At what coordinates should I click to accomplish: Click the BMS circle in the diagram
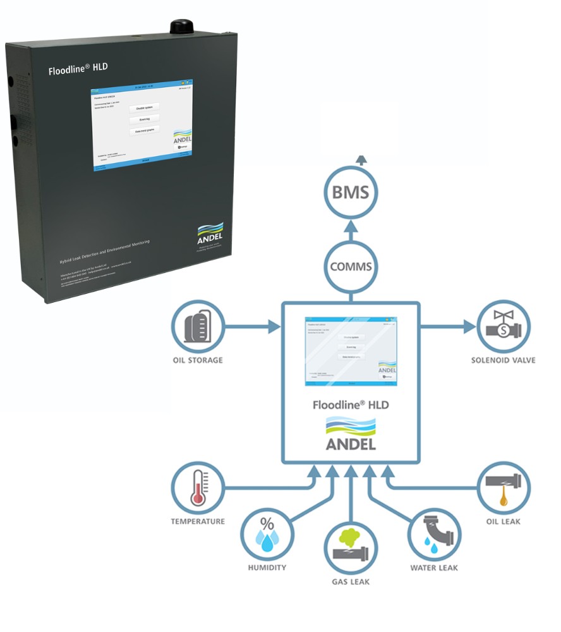351,192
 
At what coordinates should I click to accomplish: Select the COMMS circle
351,266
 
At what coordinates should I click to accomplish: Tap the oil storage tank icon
198,327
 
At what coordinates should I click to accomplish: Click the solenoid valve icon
504,327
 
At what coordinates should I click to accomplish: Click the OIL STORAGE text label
198,361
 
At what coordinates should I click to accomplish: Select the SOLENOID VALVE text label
504,360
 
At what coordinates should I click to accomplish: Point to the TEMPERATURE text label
198,521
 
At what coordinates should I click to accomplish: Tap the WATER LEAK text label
434,568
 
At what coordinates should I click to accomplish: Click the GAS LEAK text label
351,581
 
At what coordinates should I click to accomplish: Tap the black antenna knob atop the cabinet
180,27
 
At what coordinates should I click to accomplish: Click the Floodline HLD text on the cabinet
74,70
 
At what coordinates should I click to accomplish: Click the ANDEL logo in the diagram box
351,434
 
